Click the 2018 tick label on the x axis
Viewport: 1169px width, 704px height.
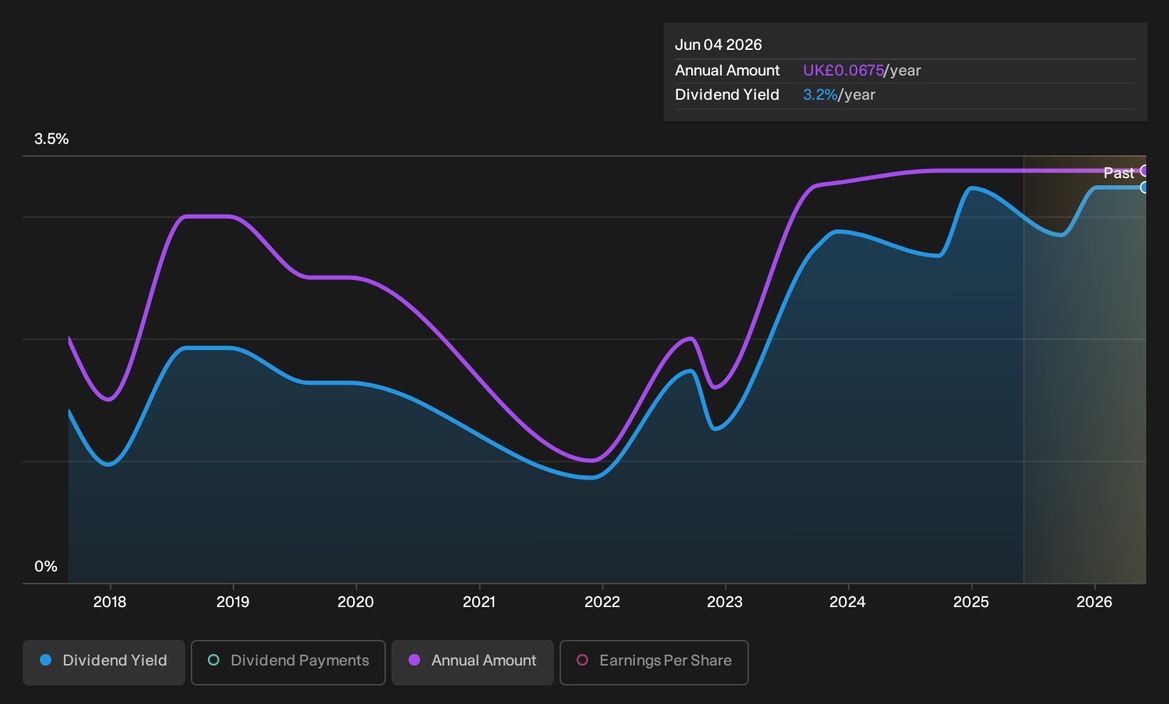110,602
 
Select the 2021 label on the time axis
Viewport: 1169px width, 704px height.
479,602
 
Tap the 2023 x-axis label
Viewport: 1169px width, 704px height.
725,602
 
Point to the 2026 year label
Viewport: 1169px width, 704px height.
1094,602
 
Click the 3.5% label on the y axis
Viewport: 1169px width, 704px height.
51,139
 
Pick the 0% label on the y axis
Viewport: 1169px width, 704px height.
46,566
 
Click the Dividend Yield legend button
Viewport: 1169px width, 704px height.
104,662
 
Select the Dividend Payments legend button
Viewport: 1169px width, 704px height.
288,662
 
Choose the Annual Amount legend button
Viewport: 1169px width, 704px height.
472,662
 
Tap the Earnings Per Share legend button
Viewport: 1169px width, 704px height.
654,662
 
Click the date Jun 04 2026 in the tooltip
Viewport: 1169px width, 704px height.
718,45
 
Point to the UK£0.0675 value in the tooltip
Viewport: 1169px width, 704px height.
844,71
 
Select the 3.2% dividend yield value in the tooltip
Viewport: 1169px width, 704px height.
820,95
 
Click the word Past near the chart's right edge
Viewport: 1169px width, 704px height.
1119,173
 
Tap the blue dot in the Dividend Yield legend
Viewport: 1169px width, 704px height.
46,660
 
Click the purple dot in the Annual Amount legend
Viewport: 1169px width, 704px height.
414,660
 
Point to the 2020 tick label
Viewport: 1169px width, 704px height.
355,602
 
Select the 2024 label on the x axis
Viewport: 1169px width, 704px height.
847,602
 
